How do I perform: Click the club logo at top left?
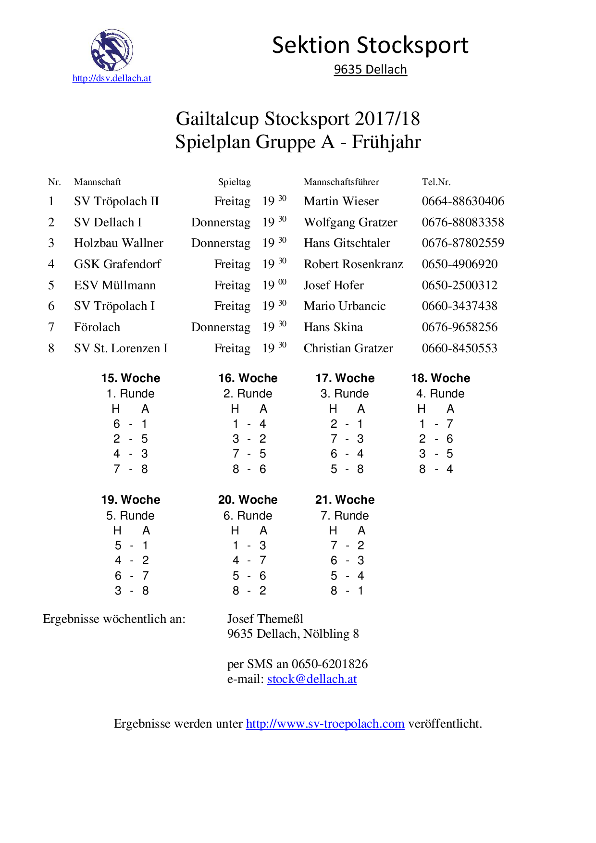click(112, 50)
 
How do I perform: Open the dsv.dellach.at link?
click(112, 78)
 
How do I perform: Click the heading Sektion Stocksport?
click(370, 46)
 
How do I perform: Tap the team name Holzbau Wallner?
click(119, 243)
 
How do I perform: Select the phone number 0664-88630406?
click(463, 201)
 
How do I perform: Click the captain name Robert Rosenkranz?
click(353, 264)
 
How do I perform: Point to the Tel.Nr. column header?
click(436, 182)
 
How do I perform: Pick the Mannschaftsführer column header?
click(341, 182)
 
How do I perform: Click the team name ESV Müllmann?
click(115, 285)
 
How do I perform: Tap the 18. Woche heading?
click(440, 378)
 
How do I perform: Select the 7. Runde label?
click(345, 516)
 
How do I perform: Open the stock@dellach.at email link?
click(312, 679)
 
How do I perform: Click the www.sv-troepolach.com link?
click(325, 724)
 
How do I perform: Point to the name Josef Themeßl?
click(265, 619)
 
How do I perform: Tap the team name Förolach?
click(97, 327)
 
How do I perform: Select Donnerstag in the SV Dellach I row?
click(221, 223)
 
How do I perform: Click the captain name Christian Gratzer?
click(348, 348)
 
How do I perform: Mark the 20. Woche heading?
click(248, 500)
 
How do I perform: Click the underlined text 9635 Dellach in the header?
click(370, 70)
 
